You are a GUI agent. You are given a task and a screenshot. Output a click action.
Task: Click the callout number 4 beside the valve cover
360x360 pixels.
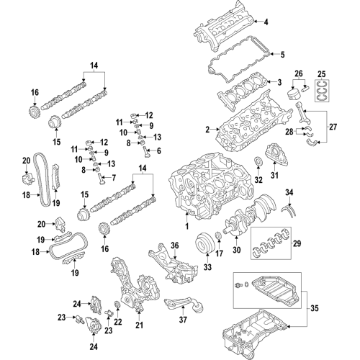pos(284,22)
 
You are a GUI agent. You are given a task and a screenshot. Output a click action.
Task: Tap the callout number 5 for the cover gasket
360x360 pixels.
pos(282,54)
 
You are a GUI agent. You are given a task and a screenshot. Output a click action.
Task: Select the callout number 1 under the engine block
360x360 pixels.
pos(186,225)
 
